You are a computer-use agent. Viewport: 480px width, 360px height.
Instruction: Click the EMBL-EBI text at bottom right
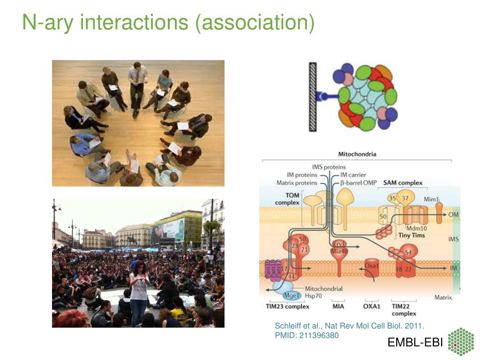click(x=415, y=343)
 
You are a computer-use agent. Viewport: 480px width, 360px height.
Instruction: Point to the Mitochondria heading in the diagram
click(x=357, y=154)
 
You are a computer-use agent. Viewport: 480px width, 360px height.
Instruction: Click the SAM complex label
click(x=403, y=183)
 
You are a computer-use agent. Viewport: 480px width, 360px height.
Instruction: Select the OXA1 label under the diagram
click(x=372, y=307)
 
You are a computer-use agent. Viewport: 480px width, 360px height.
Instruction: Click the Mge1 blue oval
click(x=292, y=296)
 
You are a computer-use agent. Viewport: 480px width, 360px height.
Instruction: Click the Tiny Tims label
click(x=412, y=235)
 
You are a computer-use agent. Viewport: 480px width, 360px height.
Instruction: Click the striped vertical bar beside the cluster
click(x=313, y=97)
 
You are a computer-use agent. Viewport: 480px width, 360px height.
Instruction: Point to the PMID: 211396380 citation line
click(x=306, y=335)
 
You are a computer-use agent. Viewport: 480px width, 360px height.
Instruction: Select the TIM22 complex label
click(x=401, y=310)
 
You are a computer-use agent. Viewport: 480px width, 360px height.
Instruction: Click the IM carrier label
click(x=353, y=175)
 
